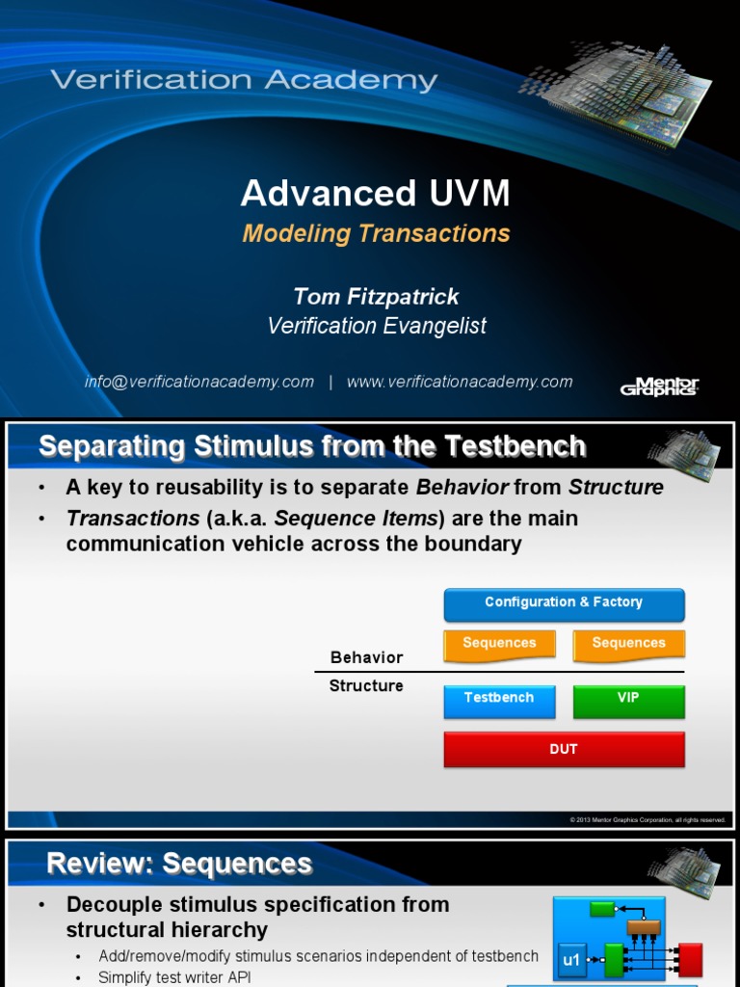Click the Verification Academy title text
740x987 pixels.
[245, 80]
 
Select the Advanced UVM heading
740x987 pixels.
[375, 194]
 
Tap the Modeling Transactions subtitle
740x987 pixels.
[376, 233]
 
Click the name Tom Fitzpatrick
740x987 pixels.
[376, 296]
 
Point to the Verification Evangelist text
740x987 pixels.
[376, 326]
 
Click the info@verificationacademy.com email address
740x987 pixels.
[199, 382]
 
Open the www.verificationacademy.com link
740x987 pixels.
[460, 382]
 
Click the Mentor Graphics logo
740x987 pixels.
[659, 386]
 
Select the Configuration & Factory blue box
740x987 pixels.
[564, 603]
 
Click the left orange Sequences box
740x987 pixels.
[499, 644]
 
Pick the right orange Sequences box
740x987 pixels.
[628, 644]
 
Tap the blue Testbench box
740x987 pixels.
[499, 700]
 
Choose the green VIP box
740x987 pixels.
[628, 700]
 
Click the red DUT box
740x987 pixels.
[564, 749]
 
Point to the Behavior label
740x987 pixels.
[366, 657]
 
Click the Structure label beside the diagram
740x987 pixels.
[366, 686]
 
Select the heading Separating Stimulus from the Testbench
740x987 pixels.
[312, 446]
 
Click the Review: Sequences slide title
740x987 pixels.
[179, 863]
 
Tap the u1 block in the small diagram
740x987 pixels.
[571, 960]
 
